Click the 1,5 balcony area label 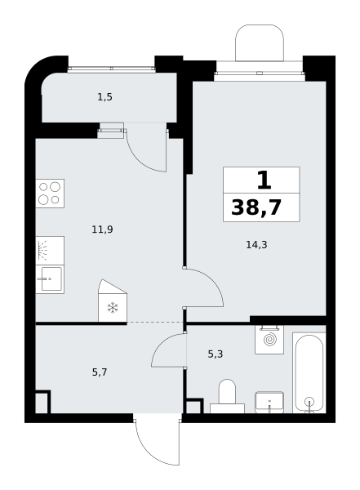click(104, 97)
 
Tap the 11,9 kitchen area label click(102, 229)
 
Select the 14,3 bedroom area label click(256, 245)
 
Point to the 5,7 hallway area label click(100, 372)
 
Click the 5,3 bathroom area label click(216, 354)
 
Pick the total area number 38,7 click(256, 207)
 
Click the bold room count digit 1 click(264, 180)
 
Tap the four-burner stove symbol click(50, 194)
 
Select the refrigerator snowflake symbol click(113, 308)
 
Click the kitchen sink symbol click(50, 279)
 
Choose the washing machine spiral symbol click(269, 340)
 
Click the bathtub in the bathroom click(309, 373)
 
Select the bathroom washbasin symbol click(269, 402)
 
